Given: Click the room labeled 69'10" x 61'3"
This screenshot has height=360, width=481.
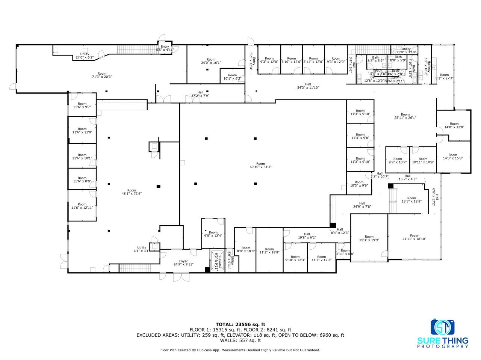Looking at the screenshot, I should [x=260, y=166].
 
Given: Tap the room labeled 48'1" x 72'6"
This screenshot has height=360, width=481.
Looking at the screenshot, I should [x=132, y=192].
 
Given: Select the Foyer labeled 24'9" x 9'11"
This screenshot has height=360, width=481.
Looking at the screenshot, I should [x=183, y=263].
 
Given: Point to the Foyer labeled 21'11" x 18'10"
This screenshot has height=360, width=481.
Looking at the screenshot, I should [x=414, y=237].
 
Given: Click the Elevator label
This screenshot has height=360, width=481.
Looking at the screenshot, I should [x=218, y=261].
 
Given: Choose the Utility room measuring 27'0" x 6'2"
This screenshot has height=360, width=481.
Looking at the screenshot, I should [x=85, y=56].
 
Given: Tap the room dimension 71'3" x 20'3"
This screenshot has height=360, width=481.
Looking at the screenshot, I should [x=102, y=75].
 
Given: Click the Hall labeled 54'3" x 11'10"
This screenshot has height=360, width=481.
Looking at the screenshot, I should [x=308, y=86].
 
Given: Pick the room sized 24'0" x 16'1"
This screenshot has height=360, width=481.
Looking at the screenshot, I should [x=211, y=61].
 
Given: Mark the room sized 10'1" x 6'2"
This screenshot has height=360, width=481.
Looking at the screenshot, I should [x=233, y=77].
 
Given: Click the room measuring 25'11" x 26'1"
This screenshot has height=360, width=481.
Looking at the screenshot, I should [x=405, y=116].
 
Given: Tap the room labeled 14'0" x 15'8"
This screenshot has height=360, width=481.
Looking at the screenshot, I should [x=453, y=157].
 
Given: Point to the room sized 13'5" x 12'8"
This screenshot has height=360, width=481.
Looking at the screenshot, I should [x=411, y=200].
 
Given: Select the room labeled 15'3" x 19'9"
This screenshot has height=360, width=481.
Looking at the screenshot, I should [x=369, y=238].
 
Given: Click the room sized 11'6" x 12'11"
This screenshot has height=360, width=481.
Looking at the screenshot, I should [x=82, y=206].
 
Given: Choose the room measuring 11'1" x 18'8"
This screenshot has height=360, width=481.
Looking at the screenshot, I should [x=269, y=251].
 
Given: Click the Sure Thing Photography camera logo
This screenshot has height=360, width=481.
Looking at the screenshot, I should [x=443, y=327].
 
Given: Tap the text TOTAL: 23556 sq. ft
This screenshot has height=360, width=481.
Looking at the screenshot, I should [x=240, y=324].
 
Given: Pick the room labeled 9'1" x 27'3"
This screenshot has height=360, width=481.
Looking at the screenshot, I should [x=444, y=77].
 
